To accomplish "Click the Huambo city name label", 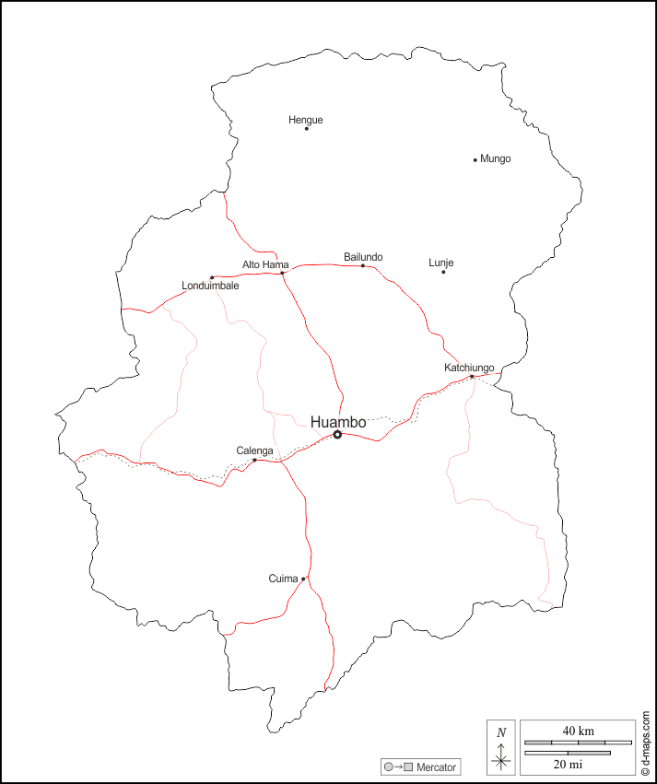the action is tap(338, 422).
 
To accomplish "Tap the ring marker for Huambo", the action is tap(337, 435).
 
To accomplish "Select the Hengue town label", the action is tap(306, 120).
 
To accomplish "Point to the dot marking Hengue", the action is tap(307, 129).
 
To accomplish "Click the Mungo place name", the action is tap(496, 158).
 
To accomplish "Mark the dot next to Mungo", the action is tap(475, 159).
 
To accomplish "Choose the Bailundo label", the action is tap(363, 257).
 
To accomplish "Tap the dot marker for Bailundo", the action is tap(363, 266).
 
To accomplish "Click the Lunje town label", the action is tap(441, 263).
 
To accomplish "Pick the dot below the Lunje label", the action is tap(443, 272).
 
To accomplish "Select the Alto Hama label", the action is tap(265, 264).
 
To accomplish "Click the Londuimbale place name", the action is tap(211, 286).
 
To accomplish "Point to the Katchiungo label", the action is tap(469, 368).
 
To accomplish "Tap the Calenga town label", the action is tap(254, 451).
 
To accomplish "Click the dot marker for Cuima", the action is tap(303, 579).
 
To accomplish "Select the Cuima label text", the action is tap(283, 579).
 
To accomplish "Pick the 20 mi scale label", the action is tap(567, 764).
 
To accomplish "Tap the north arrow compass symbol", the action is tap(501, 748).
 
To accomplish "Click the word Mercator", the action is tap(437, 767).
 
